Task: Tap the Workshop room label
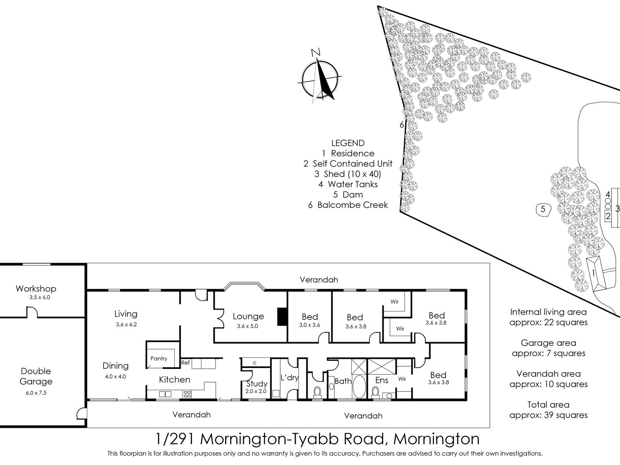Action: tap(36, 289)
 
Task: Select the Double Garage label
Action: tap(36, 376)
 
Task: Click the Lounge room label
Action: tap(248, 317)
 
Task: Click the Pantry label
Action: tap(159, 358)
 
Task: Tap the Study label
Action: tap(257, 384)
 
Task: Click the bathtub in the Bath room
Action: tap(359, 386)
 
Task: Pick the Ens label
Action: tap(382, 380)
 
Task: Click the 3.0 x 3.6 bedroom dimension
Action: tap(310, 325)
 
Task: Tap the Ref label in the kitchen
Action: tap(185, 363)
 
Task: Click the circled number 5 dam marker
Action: tap(543, 210)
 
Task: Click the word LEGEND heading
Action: tap(348, 143)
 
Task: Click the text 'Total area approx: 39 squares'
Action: tap(548, 410)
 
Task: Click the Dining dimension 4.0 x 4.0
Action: tap(115, 376)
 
